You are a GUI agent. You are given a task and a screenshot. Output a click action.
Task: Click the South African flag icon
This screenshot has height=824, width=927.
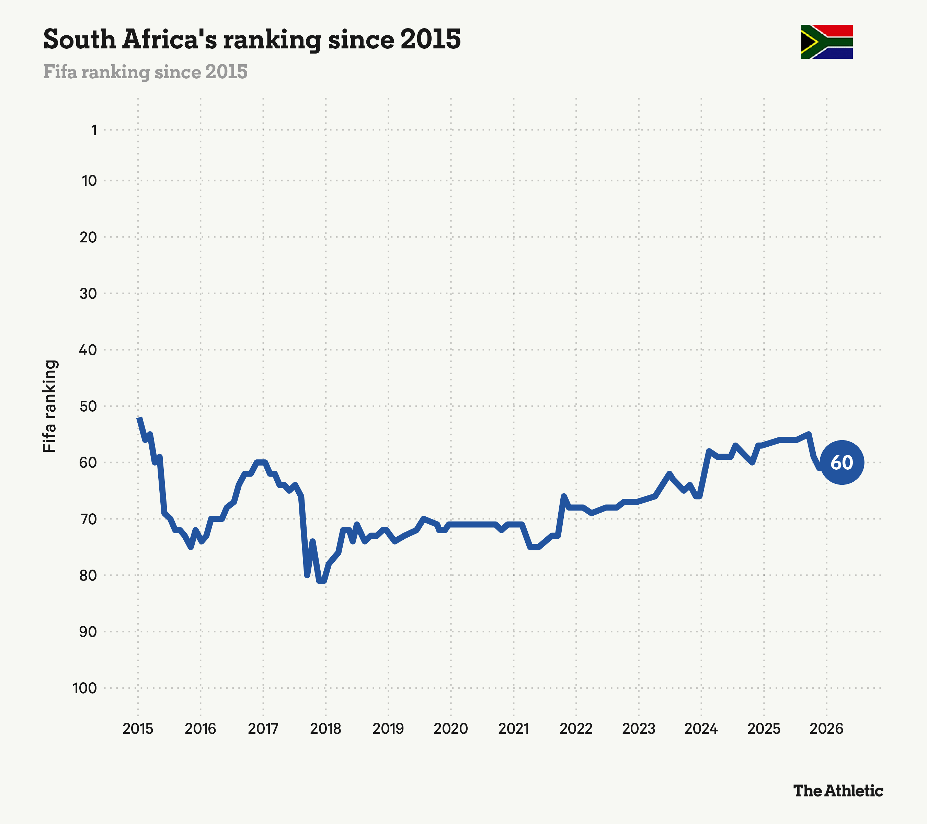[827, 42]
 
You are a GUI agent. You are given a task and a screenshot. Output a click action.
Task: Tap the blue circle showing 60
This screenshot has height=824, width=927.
[842, 462]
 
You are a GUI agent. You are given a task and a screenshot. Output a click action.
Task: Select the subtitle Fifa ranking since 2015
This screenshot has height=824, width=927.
[145, 72]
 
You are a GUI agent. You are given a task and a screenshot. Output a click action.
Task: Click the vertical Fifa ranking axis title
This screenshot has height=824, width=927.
[49, 406]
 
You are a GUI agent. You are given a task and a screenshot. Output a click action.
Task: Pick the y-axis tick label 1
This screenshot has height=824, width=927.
[94, 130]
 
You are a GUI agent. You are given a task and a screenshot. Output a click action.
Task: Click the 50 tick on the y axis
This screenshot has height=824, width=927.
[89, 406]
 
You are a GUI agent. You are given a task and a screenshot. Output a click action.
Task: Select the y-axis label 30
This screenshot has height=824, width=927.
[89, 294]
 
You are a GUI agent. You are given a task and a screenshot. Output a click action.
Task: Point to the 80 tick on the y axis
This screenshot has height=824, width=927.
[89, 575]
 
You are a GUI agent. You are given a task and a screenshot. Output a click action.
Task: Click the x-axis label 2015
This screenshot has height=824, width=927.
[138, 729]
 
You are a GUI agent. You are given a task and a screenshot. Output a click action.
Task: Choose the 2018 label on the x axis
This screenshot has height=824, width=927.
[325, 729]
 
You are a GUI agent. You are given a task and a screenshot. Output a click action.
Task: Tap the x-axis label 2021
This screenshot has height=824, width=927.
[513, 729]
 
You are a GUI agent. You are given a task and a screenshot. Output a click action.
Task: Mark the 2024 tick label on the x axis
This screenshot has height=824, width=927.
[701, 729]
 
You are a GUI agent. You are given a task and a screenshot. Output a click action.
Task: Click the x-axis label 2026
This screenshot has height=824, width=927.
[826, 729]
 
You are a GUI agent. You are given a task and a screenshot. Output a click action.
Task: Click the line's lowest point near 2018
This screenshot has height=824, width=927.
[322, 581]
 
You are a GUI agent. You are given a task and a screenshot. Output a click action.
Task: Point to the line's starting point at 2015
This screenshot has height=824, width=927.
[140, 418]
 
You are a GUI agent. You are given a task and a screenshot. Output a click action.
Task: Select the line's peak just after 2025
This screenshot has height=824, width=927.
[809, 434]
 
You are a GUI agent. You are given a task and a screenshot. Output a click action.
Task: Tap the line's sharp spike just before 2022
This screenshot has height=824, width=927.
[564, 496]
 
